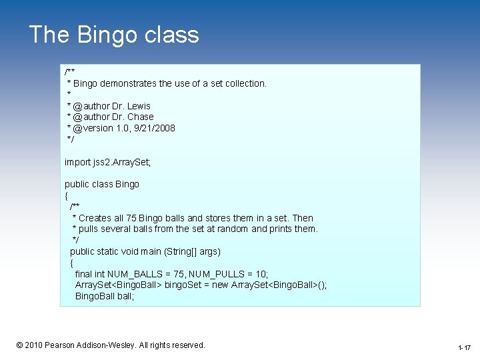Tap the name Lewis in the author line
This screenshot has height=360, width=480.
pyautogui.click(x=139, y=106)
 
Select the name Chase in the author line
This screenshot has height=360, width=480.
pyautogui.click(x=141, y=117)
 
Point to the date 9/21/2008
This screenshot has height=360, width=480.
pyautogui.click(x=155, y=128)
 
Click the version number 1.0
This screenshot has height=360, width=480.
pyautogui.click(x=117, y=128)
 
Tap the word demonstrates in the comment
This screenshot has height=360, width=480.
pyautogui.click(x=128, y=83)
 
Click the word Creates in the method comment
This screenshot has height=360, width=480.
pyautogui.click(x=98, y=218)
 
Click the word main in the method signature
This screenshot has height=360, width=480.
pyautogui.click(x=149, y=251)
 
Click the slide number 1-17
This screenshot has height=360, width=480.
pyautogui.click(x=465, y=348)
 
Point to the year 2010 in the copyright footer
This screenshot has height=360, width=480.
pyautogui.click(x=34, y=345)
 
